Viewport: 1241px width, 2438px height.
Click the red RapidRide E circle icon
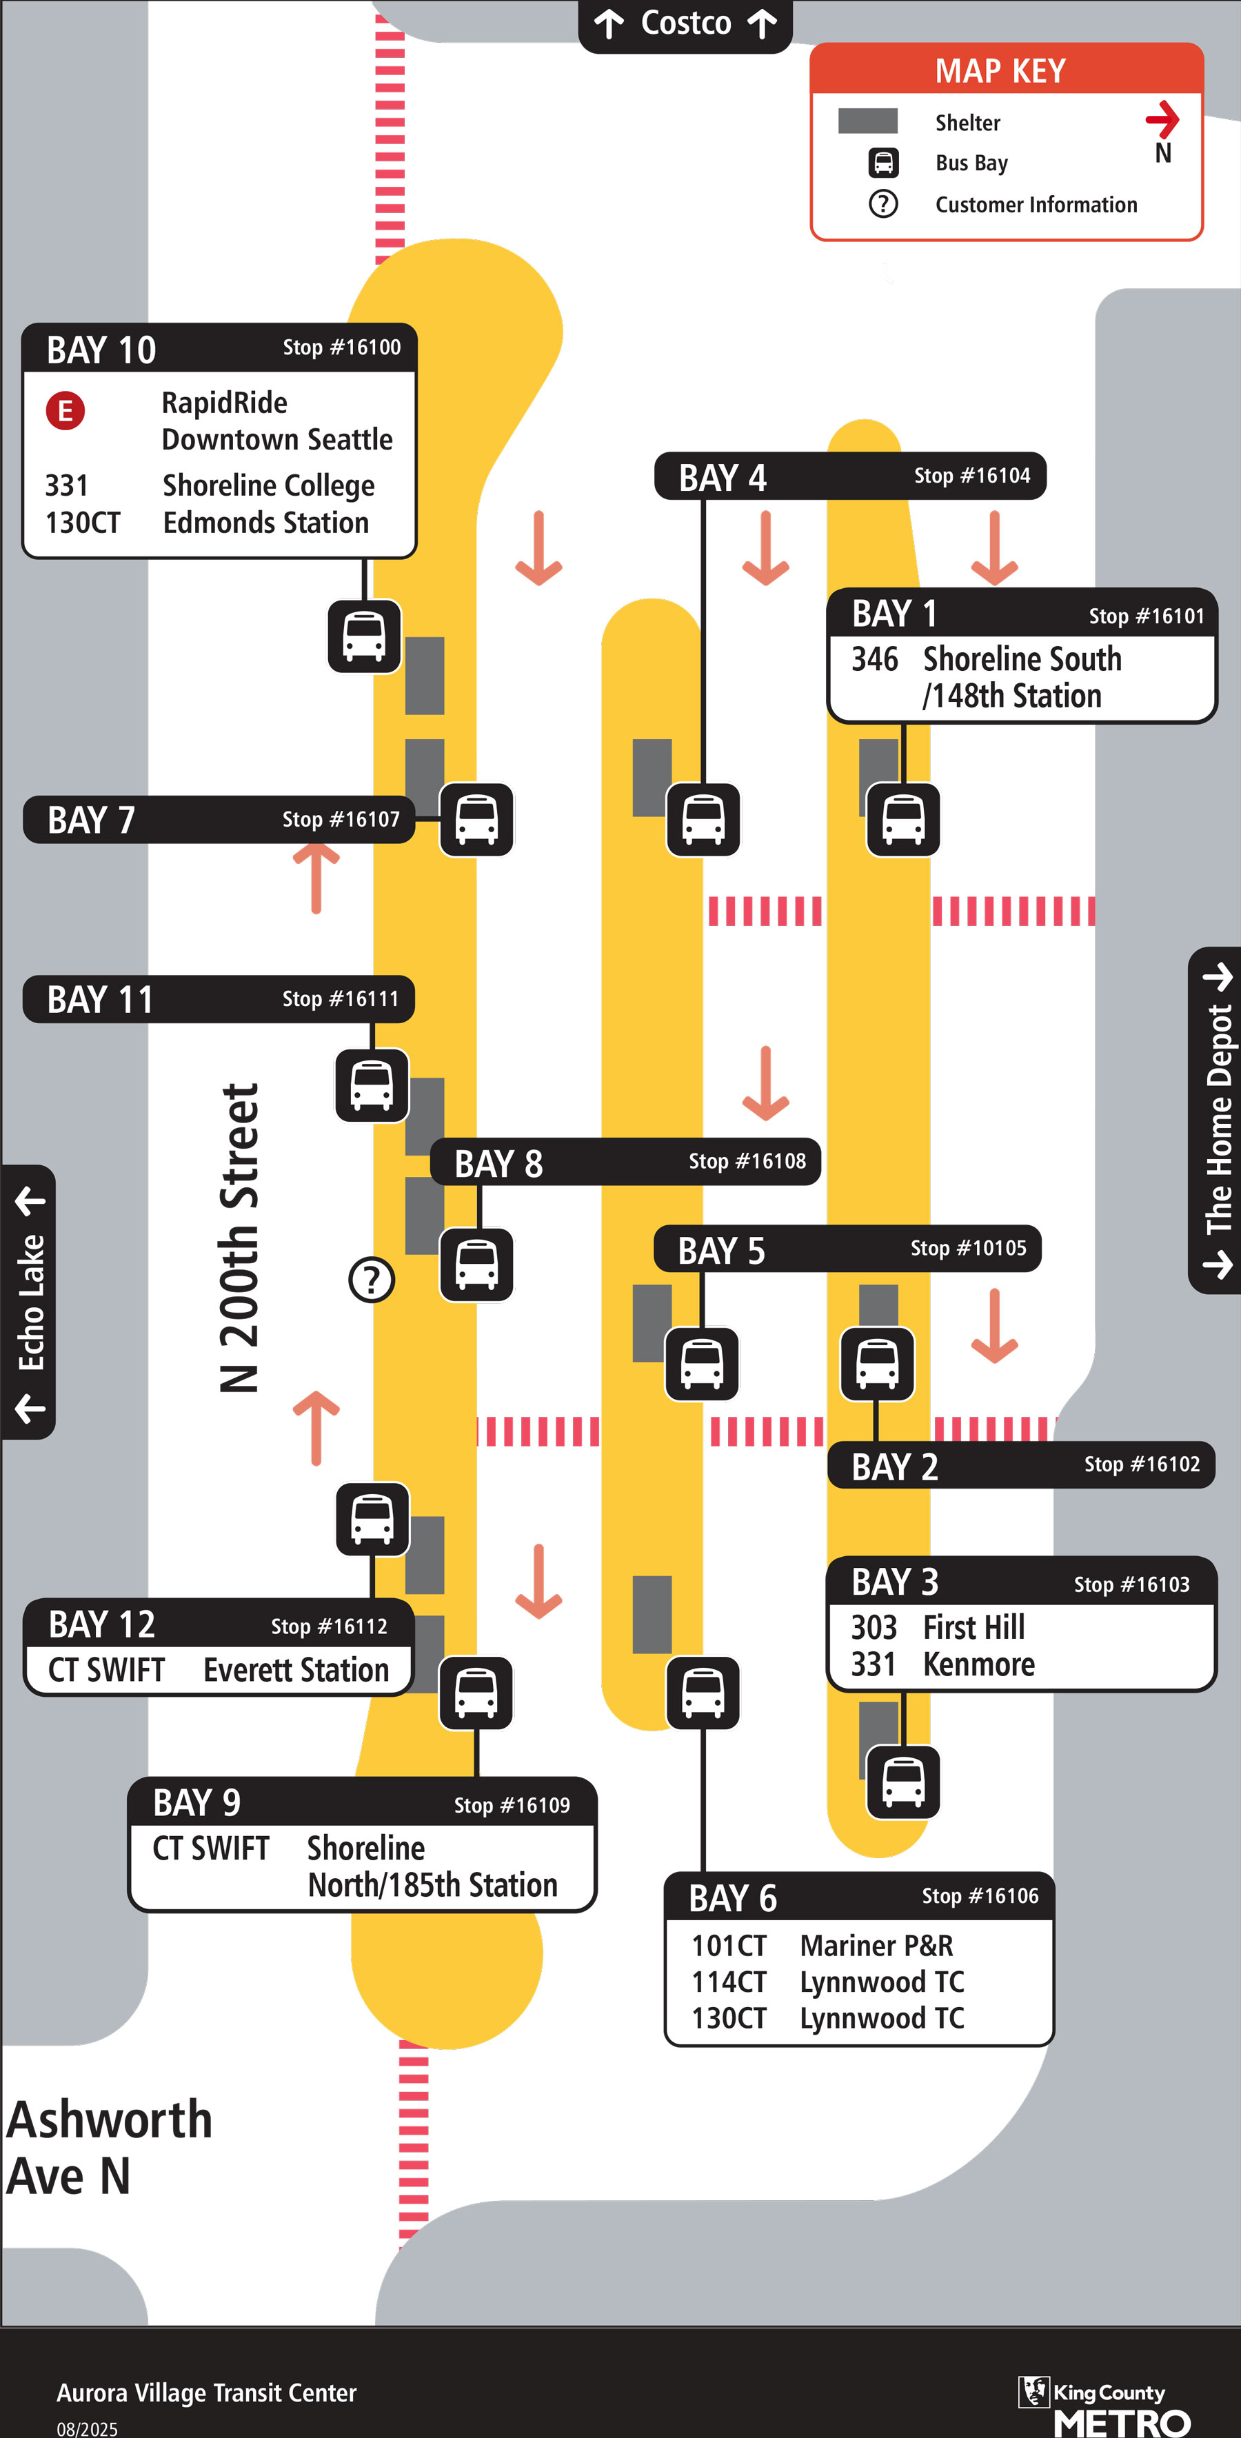pyautogui.click(x=65, y=411)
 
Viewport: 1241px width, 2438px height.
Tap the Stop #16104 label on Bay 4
pyautogui.click(x=971, y=475)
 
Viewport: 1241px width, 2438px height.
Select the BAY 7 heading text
pyautogui.click(x=91, y=820)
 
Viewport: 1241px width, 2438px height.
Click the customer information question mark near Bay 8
pyautogui.click(x=371, y=1280)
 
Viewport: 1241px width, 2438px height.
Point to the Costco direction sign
pyautogui.click(x=685, y=23)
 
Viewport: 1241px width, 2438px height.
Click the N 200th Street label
pyautogui.click(x=239, y=1237)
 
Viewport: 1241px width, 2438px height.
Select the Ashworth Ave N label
pyautogui.click(x=108, y=2146)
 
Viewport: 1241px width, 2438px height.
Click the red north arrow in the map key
pyautogui.click(x=1162, y=119)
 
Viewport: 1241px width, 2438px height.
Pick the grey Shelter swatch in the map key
pyautogui.click(x=867, y=121)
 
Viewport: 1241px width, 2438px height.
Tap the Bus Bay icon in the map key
pyautogui.click(x=883, y=163)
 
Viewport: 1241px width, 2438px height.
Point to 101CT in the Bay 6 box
pyautogui.click(x=728, y=1946)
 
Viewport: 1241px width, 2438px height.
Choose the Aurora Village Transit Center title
pyautogui.click(x=206, y=2392)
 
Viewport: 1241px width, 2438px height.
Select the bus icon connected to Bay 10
pyautogui.click(x=365, y=635)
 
